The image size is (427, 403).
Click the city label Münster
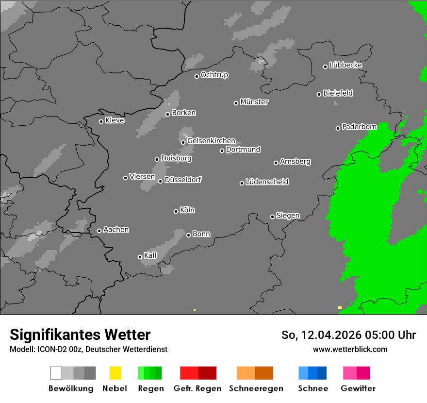click(x=254, y=102)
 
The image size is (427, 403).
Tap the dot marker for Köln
click(x=176, y=211)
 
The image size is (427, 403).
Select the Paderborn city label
click(x=359, y=127)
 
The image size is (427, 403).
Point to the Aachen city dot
click(x=99, y=231)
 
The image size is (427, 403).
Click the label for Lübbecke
click(x=345, y=65)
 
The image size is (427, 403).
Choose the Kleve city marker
click(x=101, y=121)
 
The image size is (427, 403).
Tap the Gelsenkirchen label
click(x=211, y=141)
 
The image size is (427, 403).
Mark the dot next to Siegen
click(x=272, y=217)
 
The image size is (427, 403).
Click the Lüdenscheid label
click(x=267, y=182)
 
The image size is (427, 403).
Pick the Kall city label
click(x=150, y=255)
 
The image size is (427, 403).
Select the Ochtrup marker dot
click(x=197, y=76)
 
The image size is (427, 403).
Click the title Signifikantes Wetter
click(x=80, y=335)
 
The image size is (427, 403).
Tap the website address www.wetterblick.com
click(x=350, y=349)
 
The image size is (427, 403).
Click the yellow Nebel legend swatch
click(x=115, y=373)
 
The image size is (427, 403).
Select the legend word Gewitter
click(x=358, y=388)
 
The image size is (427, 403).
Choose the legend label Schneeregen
click(x=256, y=388)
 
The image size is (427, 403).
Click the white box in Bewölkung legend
click(x=56, y=373)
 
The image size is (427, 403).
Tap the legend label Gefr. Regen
click(x=197, y=388)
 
